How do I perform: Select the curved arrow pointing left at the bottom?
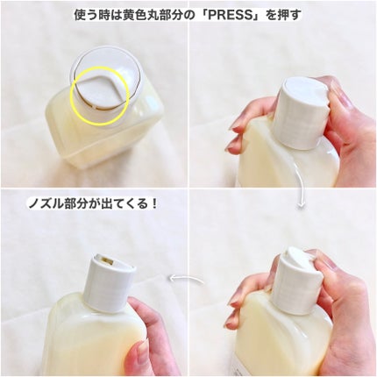pyautogui.click(x=187, y=279)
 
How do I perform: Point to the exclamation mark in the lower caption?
pyautogui.click(x=153, y=203)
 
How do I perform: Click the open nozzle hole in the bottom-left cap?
pyautogui.click(x=105, y=260)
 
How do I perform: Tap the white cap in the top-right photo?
pyautogui.click(x=302, y=112)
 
